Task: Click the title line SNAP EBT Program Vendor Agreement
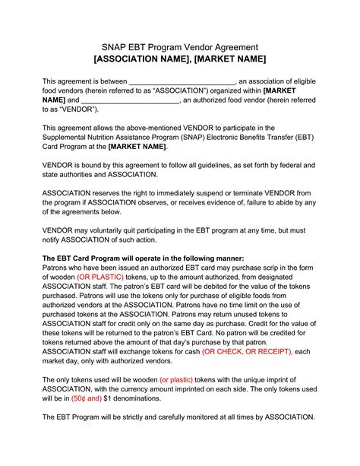pyautogui.click(x=179, y=46)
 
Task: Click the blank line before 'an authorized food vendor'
pyautogui.click(x=130, y=100)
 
